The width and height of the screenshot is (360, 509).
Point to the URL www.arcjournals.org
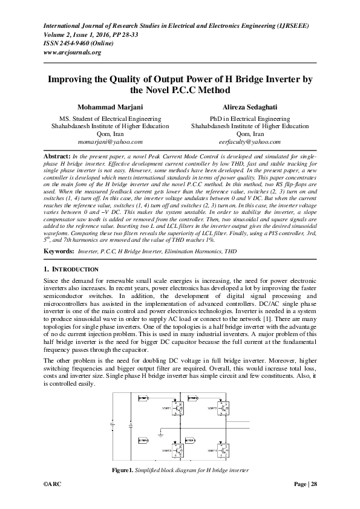71,52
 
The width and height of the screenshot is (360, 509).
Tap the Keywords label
59,250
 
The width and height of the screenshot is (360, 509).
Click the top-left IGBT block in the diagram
178,408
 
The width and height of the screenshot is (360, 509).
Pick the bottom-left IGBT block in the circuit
178,450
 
